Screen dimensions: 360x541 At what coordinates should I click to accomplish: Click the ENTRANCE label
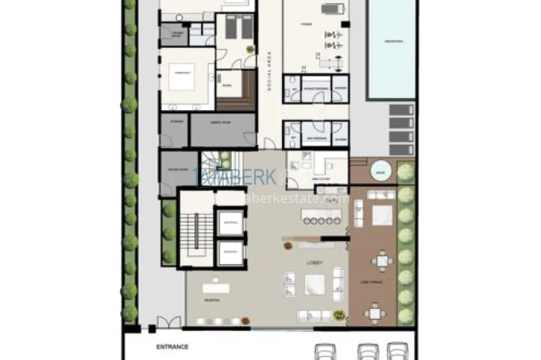172,347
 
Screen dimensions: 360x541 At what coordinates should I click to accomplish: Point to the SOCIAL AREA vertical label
269,76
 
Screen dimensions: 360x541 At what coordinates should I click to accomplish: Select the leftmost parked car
327,351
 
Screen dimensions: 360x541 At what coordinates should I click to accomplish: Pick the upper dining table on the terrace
381,261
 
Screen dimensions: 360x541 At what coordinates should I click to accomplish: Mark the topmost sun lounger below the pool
401,109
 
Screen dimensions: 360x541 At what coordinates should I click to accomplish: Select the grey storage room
174,130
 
